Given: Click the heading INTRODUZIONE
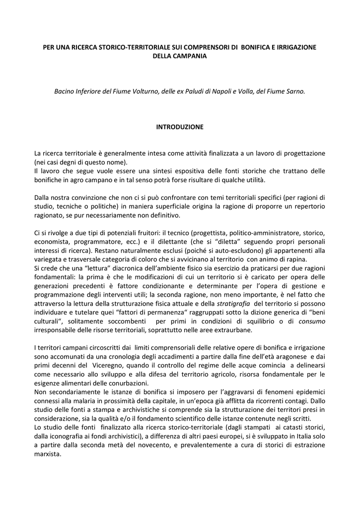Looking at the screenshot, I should (180, 127).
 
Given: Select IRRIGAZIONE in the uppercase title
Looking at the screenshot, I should (293, 47).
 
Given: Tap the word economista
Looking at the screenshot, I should (52, 242).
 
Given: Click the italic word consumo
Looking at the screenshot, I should (312, 321).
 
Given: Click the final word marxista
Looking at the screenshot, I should (47, 454).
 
